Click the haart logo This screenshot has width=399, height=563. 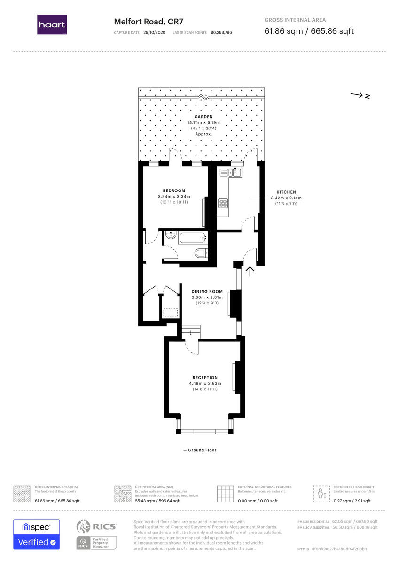(x=52, y=24)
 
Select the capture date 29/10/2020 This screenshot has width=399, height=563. (x=155, y=33)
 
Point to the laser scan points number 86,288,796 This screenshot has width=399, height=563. (x=221, y=33)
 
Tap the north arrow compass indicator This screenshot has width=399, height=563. (x=360, y=96)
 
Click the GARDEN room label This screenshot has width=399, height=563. (x=203, y=117)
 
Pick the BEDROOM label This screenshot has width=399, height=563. (x=171, y=190)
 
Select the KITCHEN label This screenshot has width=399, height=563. (x=286, y=192)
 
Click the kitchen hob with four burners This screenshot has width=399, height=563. (x=223, y=204)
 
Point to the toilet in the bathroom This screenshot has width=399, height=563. (x=201, y=253)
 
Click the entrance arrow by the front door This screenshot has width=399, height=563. (x=250, y=271)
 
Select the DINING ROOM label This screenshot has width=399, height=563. (x=207, y=292)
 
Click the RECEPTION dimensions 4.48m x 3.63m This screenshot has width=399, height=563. (x=205, y=383)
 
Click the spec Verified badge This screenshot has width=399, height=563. (x=36, y=534)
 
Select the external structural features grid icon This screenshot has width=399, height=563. (x=226, y=494)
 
